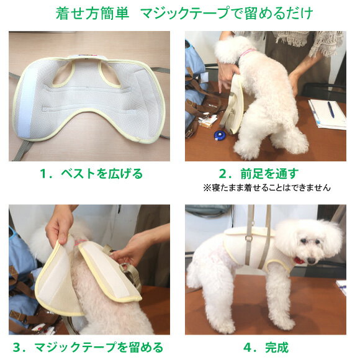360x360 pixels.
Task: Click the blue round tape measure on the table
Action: click(220, 135)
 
